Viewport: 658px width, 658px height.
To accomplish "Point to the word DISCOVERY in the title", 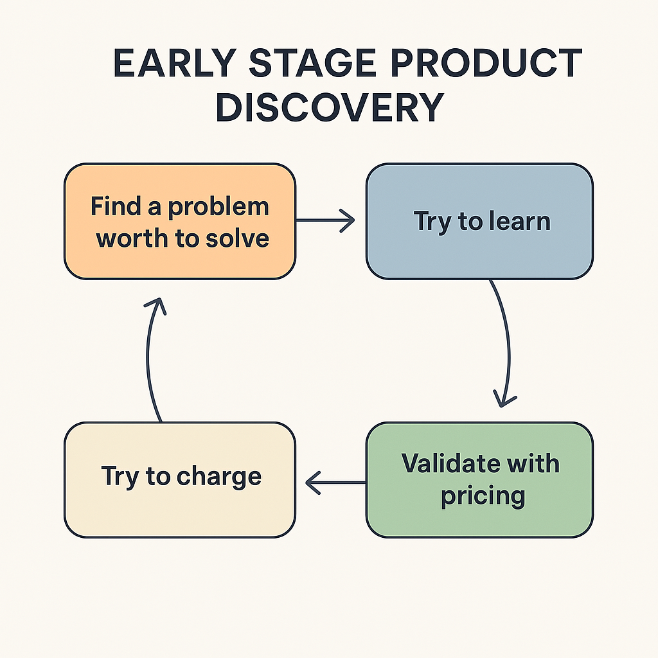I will point(330,108).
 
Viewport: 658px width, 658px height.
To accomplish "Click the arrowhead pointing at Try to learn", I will point(347,221).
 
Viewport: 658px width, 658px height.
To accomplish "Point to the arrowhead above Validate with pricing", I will point(505,398).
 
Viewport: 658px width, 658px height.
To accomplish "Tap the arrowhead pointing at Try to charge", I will point(313,481).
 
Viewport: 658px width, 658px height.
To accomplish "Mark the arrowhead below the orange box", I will point(155,306).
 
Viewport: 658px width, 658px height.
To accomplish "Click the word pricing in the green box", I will point(482,496).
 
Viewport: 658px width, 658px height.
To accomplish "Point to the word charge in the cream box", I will point(218,477).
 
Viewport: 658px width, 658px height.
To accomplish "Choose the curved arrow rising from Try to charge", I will point(149,366).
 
